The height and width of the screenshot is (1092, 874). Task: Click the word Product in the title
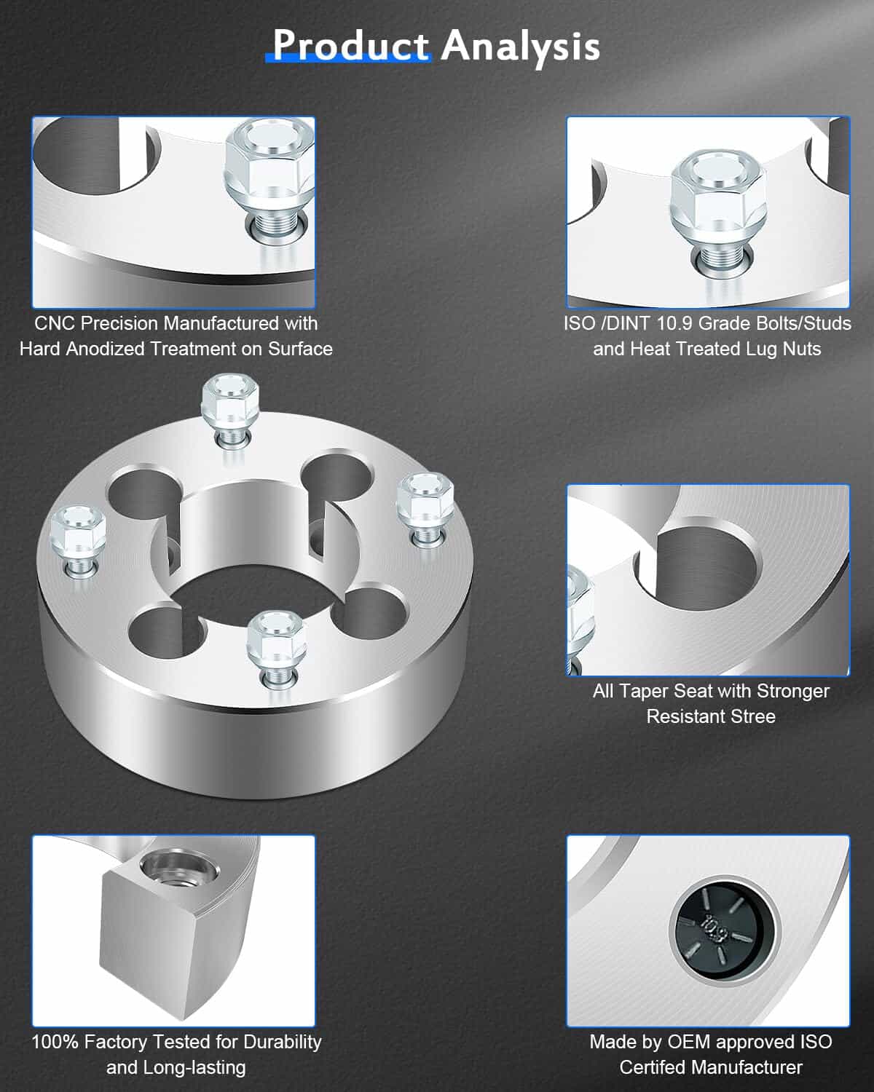point(350,46)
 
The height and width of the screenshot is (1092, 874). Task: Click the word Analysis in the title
point(521,47)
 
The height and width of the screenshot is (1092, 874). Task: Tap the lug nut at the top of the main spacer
point(231,411)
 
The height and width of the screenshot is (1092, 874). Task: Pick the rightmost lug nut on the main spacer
point(425,509)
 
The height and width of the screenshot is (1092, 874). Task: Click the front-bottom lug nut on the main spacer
point(276,649)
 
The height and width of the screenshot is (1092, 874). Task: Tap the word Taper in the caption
point(643,691)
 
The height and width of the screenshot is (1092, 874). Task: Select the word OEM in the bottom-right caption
point(689,1042)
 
